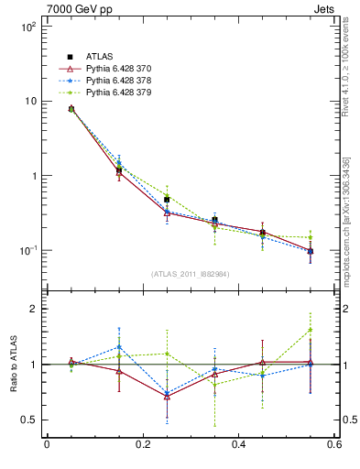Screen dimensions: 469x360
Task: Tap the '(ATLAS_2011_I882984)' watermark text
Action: click(190, 274)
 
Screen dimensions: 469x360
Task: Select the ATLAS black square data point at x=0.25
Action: click(167, 199)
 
